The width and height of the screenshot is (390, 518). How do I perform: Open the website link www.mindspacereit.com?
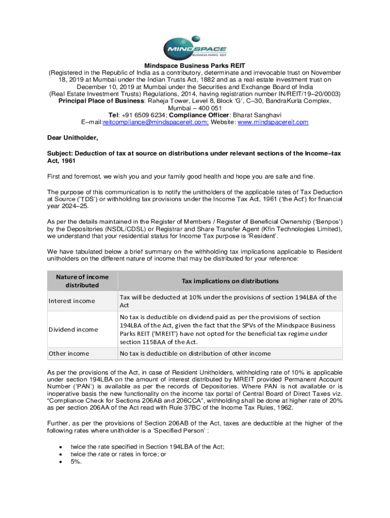(x=265, y=122)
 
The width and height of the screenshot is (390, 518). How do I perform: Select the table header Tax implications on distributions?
(x=230, y=281)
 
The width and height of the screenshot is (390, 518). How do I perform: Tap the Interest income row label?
(x=71, y=301)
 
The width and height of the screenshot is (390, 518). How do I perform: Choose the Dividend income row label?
(x=73, y=329)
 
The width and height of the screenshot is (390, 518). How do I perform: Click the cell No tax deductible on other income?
(x=195, y=353)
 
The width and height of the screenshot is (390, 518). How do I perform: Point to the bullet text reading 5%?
(x=77, y=461)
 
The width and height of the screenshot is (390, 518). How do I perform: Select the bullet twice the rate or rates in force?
(x=119, y=454)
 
